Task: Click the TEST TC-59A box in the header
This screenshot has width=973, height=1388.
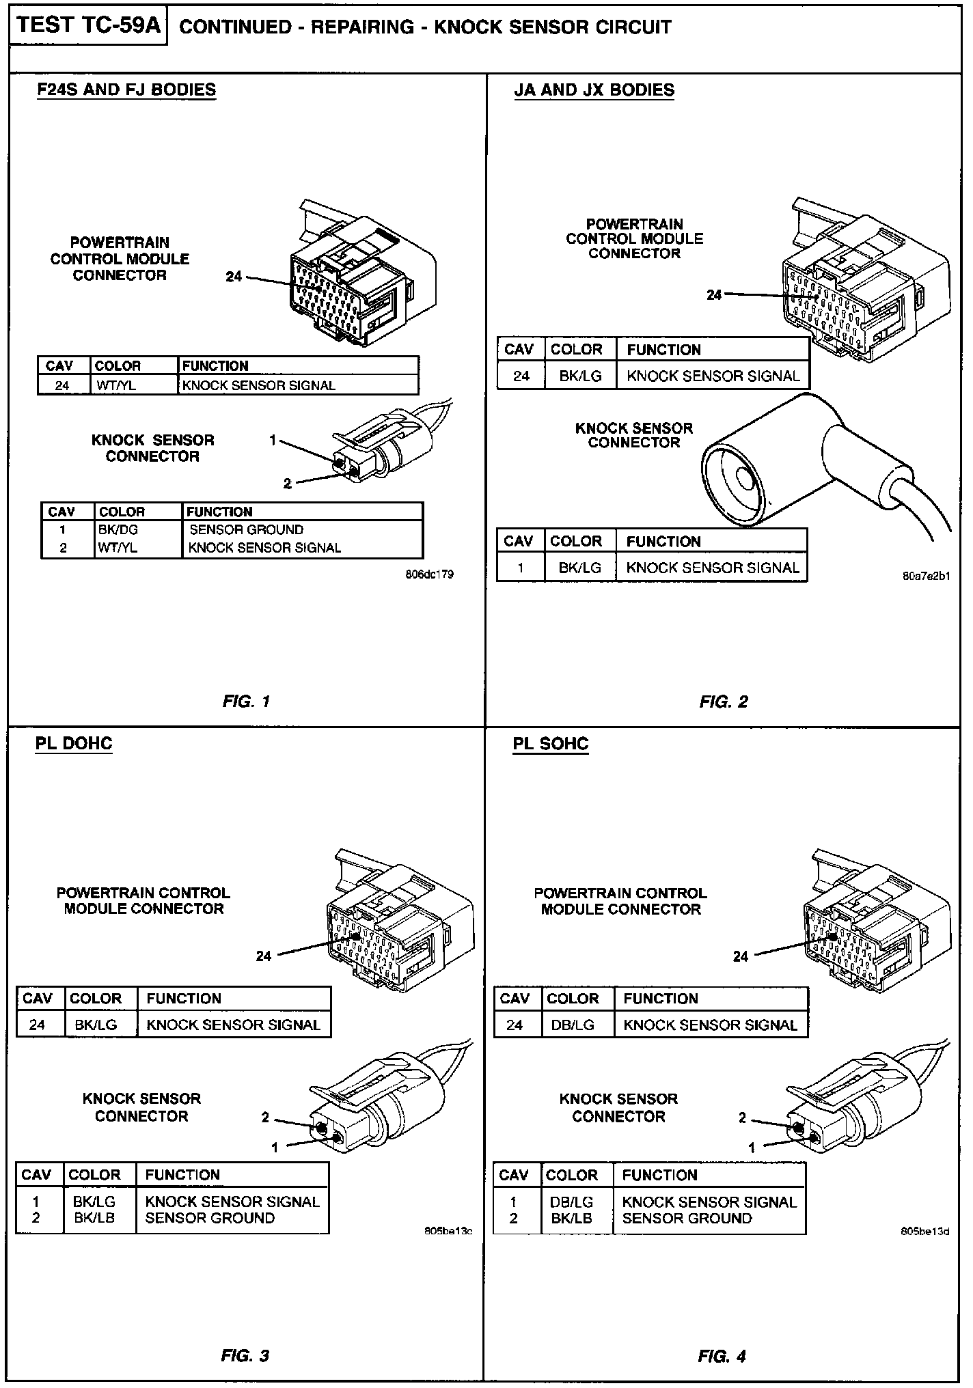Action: coord(88,26)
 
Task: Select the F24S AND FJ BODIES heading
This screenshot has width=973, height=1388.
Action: coord(126,90)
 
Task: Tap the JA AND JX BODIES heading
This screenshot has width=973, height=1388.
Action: coord(594,90)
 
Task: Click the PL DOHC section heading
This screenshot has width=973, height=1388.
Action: coord(74,743)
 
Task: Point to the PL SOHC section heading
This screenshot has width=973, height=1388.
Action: coord(551,743)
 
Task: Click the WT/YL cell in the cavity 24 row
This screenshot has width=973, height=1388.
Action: coord(116,385)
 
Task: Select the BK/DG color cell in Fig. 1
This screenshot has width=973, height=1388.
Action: coord(118,529)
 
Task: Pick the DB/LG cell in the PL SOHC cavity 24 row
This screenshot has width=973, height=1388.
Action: coord(572,1025)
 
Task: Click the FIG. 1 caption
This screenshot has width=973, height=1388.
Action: coord(246,701)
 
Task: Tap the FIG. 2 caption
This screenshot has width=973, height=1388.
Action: coord(724,702)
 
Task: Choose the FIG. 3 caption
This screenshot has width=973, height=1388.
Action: coord(245,1356)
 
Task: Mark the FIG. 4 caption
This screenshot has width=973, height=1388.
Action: coord(722,1356)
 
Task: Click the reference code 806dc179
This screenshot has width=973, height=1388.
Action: coord(429,574)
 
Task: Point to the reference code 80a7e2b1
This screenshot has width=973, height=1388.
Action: coord(926,576)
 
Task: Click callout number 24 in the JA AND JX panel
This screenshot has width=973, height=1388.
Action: coord(714,294)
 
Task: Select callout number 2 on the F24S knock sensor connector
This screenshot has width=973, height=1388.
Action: coord(288,484)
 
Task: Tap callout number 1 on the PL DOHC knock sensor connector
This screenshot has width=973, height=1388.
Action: coord(275,1147)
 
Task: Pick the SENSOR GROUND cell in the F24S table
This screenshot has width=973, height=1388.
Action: coord(246,529)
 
